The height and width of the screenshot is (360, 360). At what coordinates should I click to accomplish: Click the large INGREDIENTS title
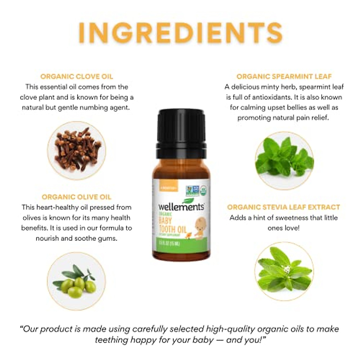pos(180,32)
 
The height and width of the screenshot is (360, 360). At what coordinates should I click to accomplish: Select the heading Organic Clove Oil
pos(77,76)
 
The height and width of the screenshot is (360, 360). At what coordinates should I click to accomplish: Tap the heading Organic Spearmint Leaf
pos(284,76)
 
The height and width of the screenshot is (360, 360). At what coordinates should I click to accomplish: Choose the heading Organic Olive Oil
pos(76,197)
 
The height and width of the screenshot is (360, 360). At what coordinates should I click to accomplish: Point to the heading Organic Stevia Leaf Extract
pos(283,207)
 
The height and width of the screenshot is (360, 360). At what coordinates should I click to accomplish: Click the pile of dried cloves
pos(76,150)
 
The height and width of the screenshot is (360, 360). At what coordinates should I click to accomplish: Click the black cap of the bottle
pos(181,129)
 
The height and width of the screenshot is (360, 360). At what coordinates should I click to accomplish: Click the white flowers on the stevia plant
pos(287,269)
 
